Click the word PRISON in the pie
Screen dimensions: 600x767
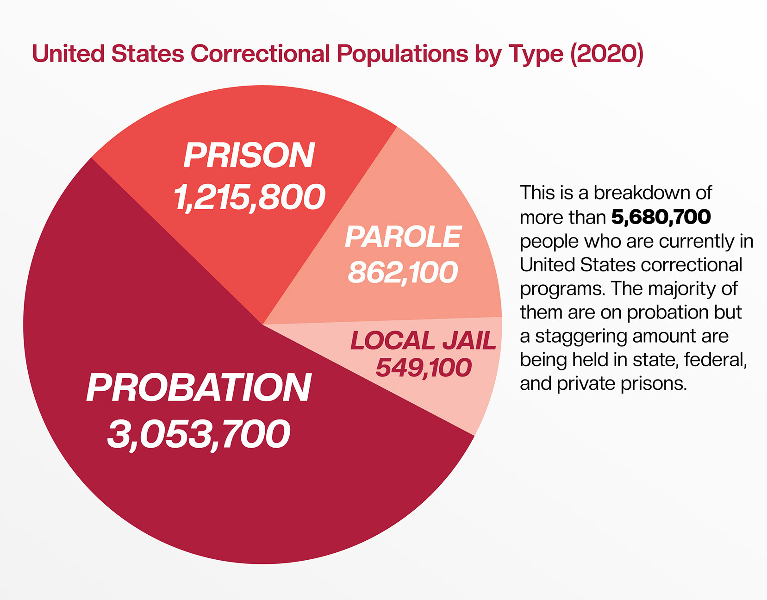tap(249, 156)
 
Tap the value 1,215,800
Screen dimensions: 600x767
tap(249, 197)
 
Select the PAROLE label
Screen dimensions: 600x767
tap(403, 237)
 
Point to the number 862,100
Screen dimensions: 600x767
tap(403, 272)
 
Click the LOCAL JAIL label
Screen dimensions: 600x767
tap(423, 341)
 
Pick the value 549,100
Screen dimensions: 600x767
tap(423, 368)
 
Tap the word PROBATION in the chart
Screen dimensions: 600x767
tap(199, 388)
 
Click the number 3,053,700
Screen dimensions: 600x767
tap(199, 434)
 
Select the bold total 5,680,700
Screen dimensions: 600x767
tap(661, 217)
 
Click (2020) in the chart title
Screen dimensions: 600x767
tap(607, 54)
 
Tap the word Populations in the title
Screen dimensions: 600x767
tap(402, 54)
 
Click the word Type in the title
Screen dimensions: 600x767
tap(536, 55)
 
